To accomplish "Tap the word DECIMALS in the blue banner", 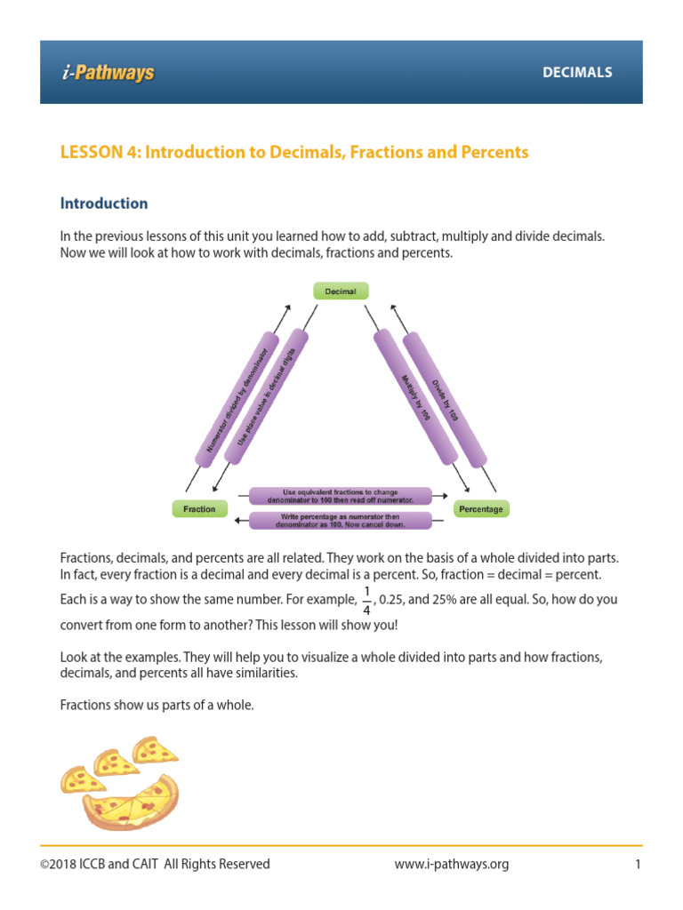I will click(577, 73).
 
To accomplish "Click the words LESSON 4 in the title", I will click(99, 152).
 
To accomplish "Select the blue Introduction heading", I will click(104, 204).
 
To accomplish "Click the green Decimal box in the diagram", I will click(341, 291).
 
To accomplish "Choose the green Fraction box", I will click(199, 509).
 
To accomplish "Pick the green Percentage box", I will click(481, 509).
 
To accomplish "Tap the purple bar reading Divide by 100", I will click(445, 398).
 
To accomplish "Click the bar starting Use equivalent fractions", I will click(341, 496).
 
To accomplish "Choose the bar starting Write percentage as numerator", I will click(341, 521).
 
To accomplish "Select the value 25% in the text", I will click(441, 600).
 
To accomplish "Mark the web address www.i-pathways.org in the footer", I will click(451, 865).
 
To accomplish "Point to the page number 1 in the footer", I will click(638, 865).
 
